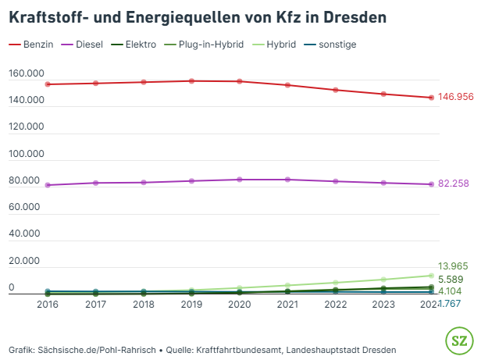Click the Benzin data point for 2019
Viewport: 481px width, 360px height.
click(191, 80)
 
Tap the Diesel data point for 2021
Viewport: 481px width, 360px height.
click(287, 180)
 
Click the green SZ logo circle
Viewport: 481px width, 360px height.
click(458, 340)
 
